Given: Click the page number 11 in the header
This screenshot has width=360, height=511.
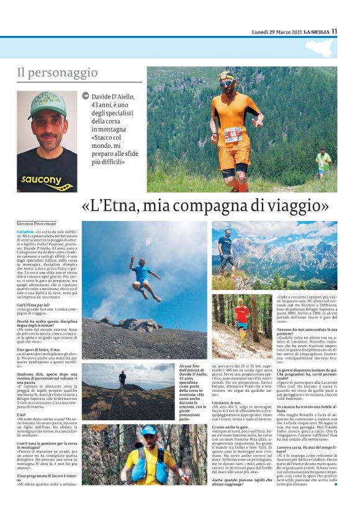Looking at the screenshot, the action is (334, 30).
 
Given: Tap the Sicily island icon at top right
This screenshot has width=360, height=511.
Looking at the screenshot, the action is (319, 47).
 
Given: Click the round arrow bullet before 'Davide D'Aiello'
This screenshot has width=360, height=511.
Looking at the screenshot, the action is (86, 96).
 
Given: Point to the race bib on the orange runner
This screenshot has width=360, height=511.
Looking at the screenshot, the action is (233, 133).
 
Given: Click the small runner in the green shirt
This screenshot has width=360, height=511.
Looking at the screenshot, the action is (322, 163).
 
